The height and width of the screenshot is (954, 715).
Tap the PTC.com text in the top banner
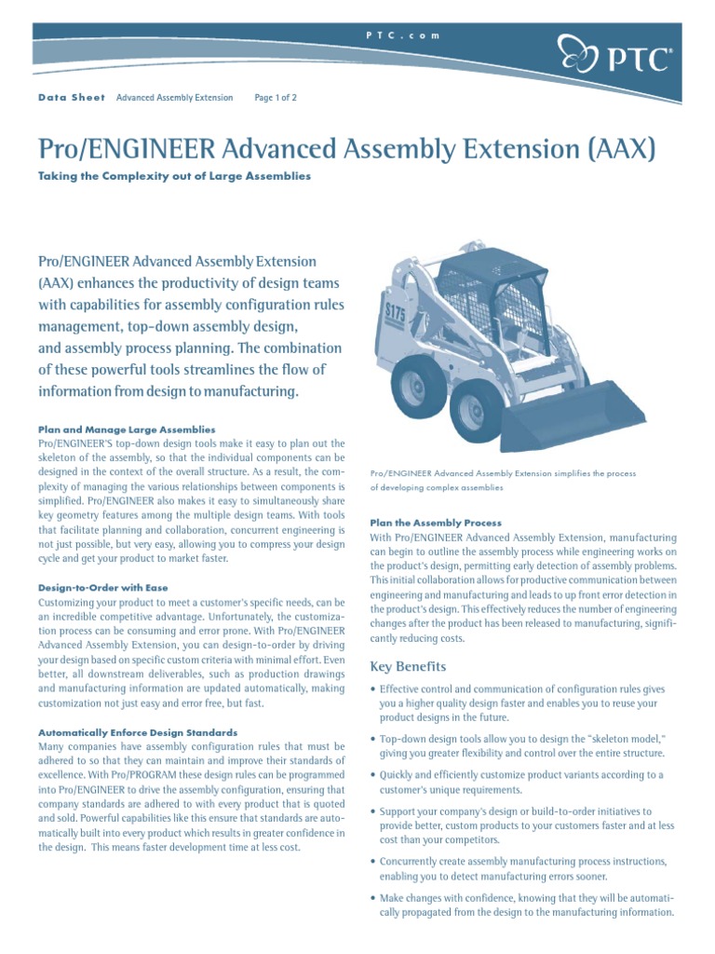pos(401,34)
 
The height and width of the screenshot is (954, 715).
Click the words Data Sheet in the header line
pos(72,97)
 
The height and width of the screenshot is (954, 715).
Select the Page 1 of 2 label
pos(276,97)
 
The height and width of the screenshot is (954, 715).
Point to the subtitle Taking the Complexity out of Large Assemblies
pos(174,175)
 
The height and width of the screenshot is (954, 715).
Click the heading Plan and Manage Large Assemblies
pos(127,429)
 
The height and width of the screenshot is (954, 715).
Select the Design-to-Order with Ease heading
pos(102,588)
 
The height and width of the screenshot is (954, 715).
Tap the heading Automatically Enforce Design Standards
pos(138,733)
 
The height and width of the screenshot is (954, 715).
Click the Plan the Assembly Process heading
pos(436,523)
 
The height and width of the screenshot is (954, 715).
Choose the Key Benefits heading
pos(408,666)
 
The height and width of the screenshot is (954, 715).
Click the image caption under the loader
pos(503,480)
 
